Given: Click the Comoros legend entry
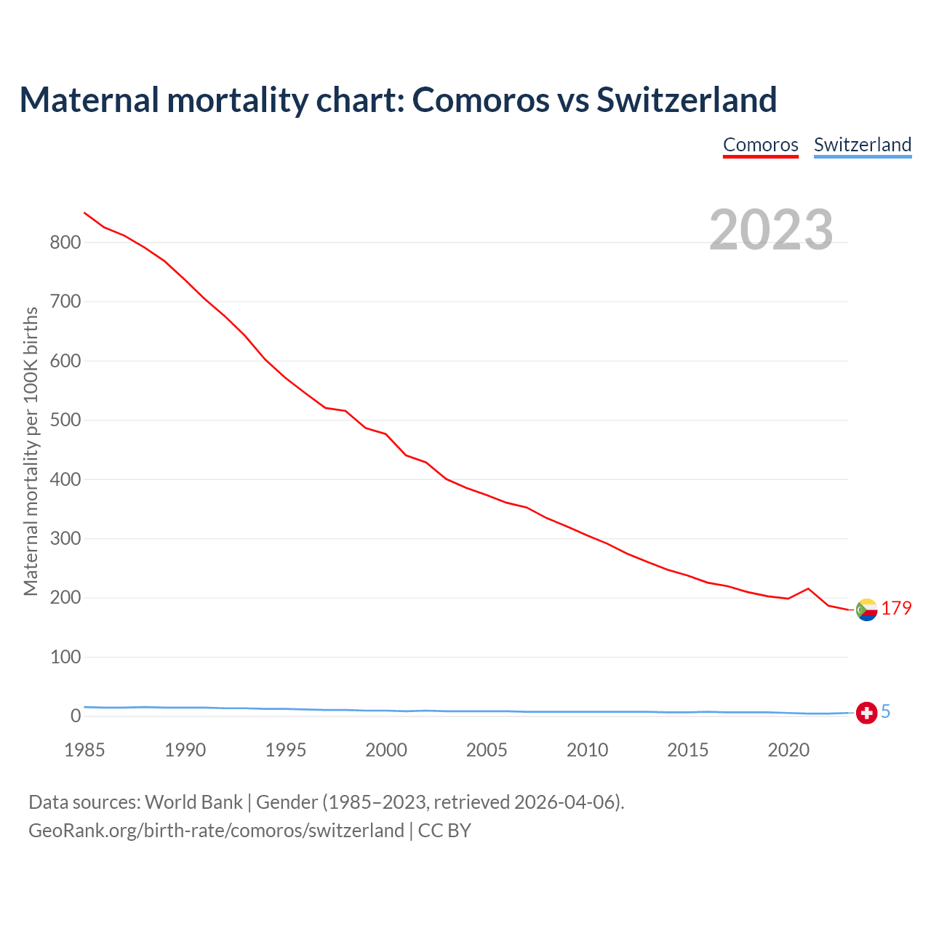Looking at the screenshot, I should click(x=760, y=145).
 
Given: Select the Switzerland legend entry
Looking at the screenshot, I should click(x=862, y=145).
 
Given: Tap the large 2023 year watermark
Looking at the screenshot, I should click(x=771, y=229).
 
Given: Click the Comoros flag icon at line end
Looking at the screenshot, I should click(x=866, y=610).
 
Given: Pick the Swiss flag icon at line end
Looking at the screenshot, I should click(x=866, y=713).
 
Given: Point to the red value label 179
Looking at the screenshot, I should click(x=896, y=608).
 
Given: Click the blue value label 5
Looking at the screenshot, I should click(x=886, y=711).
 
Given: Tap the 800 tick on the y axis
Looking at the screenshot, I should click(x=65, y=242).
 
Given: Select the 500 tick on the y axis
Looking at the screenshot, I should click(x=65, y=420).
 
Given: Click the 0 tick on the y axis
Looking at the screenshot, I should click(x=76, y=716).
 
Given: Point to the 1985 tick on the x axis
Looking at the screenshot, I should click(x=84, y=750).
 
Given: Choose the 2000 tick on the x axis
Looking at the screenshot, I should click(x=386, y=750).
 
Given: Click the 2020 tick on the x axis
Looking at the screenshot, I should click(x=788, y=750).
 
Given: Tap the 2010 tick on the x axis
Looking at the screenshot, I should click(x=587, y=750).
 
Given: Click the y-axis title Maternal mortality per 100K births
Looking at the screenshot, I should click(x=31, y=451).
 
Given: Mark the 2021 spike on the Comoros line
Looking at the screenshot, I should click(x=808, y=588).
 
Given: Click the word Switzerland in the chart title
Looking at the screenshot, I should click(x=687, y=100).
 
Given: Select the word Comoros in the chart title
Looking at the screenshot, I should click(x=480, y=100).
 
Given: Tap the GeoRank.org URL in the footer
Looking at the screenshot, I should click(x=216, y=830).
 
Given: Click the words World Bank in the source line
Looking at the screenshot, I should click(x=193, y=802).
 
